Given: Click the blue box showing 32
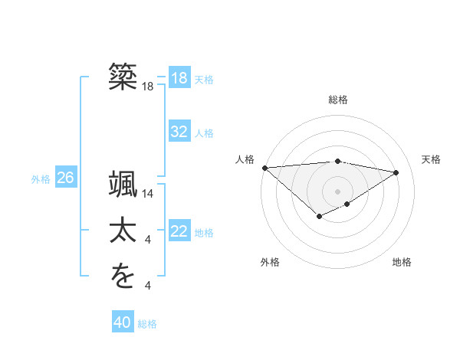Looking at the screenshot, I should coord(179,132).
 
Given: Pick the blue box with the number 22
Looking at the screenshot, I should coord(179,231).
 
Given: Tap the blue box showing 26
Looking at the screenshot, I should coord(65,178).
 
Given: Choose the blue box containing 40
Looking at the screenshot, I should coord(123,322).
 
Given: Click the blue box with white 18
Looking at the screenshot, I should coord(179,78).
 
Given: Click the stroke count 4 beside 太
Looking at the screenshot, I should coord(148,241).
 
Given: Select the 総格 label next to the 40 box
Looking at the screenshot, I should coord(147,324).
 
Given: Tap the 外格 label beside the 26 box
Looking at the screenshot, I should coord(41,179).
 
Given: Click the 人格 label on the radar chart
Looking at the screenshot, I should coord(245,159).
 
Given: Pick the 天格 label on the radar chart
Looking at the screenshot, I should coord(432,159).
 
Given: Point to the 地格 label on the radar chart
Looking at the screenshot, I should coord(402,262).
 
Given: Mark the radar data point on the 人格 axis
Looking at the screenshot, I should coord(264,167).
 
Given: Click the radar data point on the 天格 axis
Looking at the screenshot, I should coord(396,172).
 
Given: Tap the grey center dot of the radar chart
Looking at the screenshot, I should coord(337,191).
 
